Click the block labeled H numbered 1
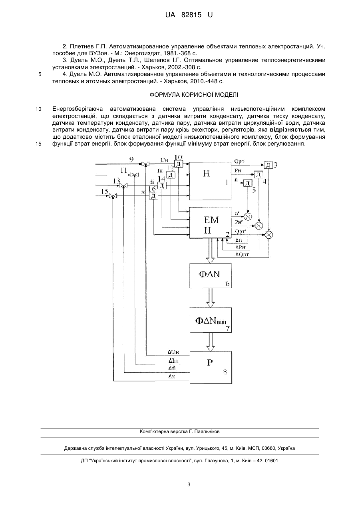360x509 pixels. coord(210,181)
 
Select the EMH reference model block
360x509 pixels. coord(210,222)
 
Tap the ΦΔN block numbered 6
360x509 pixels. coord(211,275)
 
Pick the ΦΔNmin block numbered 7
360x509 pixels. coord(211,320)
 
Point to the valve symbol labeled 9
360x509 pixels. coord(145,164)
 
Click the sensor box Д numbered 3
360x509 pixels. coord(269,165)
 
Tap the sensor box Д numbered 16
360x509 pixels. coord(153,196)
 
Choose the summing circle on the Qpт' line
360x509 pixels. coord(269,235)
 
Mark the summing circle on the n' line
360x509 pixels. coord(248,216)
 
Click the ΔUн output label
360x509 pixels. coord(173,352)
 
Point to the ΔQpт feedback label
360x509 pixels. coord(243,254)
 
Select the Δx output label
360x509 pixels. coord(172,377)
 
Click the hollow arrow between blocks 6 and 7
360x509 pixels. coord(211,297)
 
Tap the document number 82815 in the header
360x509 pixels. coord(191,15)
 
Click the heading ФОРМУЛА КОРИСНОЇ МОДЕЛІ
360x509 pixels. coord(194,95)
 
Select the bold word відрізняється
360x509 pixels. coord(290,130)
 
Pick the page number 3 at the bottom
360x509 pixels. coord(189,485)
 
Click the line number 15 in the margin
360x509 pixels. coord(38,144)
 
